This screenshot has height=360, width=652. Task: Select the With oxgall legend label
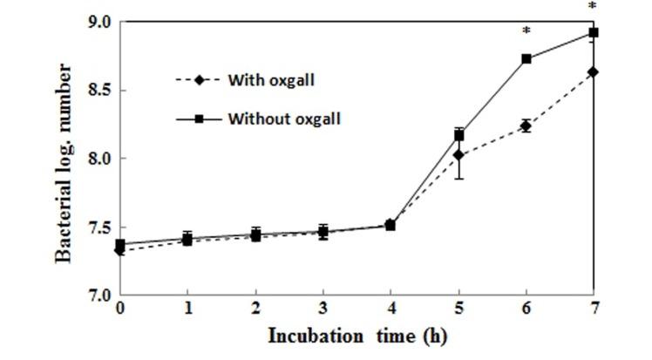(270, 80)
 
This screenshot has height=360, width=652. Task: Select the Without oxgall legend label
(284, 118)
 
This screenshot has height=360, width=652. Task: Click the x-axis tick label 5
(459, 309)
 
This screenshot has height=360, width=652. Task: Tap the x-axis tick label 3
(323, 309)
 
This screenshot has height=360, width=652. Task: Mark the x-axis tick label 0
(119, 309)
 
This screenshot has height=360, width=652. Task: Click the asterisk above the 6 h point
(526, 31)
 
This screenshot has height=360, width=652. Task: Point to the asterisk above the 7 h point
(594, 6)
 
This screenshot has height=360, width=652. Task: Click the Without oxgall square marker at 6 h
(526, 59)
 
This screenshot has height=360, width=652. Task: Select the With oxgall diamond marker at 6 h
(526, 126)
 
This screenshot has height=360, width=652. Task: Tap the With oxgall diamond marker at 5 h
(459, 155)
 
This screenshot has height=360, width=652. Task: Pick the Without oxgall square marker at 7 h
(594, 33)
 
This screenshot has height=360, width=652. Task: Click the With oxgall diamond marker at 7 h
(594, 72)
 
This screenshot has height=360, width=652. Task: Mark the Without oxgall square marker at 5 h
(459, 135)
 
